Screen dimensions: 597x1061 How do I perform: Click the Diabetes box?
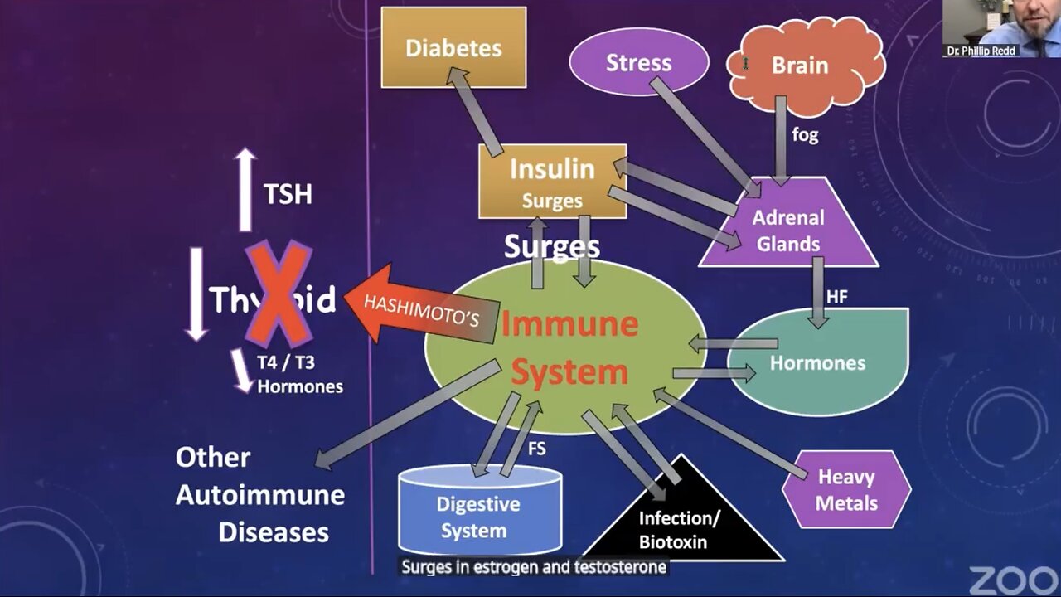(x=453, y=47)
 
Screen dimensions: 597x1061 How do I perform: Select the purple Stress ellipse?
(x=638, y=63)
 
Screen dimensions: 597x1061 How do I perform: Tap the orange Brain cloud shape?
(x=800, y=65)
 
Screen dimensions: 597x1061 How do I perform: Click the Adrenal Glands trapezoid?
(x=787, y=231)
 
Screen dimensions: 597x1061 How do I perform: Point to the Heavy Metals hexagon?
(x=846, y=489)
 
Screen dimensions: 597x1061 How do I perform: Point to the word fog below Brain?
(x=805, y=134)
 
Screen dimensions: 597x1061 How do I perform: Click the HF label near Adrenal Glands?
(x=837, y=296)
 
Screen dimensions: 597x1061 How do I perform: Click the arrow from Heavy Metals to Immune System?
(x=729, y=434)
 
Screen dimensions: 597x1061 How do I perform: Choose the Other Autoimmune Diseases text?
(x=259, y=495)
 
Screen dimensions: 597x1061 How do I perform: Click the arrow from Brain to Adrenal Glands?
(x=781, y=137)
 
